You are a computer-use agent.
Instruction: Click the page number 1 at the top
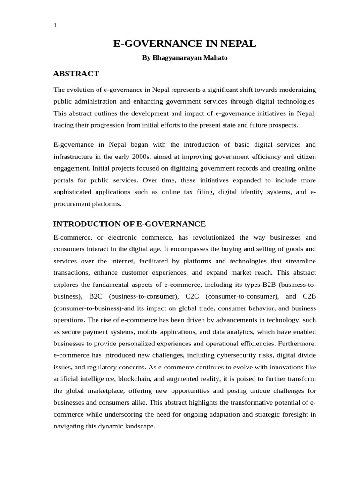55,25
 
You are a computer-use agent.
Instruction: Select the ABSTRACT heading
76,74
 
